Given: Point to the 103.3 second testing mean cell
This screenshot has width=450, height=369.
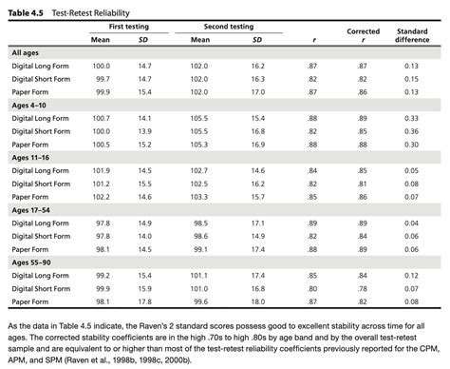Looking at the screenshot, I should [199, 196].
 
